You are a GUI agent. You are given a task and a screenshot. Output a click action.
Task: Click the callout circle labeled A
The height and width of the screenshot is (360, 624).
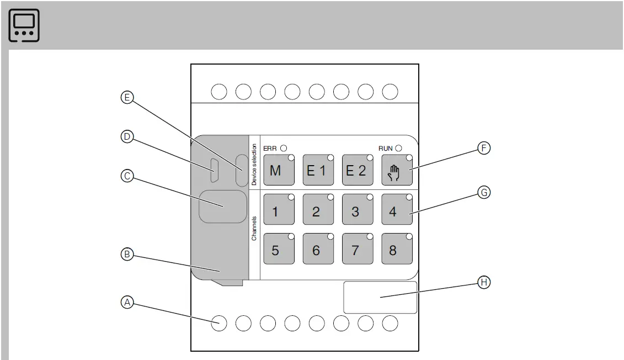tap(127, 303)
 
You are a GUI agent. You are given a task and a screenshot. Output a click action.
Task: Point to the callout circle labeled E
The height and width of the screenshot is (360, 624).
tap(127, 98)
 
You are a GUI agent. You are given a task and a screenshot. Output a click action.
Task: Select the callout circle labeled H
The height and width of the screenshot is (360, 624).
tap(484, 282)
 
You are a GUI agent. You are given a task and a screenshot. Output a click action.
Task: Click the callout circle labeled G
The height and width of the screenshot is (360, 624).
tap(484, 193)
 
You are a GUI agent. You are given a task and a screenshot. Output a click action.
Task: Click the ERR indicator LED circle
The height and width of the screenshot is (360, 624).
tap(284, 148)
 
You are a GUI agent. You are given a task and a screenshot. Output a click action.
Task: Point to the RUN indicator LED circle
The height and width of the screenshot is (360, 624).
tap(398, 148)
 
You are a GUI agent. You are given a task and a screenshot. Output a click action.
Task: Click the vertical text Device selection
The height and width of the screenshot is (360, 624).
tap(254, 164)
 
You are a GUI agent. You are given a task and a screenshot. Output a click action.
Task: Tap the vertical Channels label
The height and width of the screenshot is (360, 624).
tap(254, 228)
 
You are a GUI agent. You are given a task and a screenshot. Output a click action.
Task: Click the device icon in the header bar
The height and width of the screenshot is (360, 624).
tap(24, 25)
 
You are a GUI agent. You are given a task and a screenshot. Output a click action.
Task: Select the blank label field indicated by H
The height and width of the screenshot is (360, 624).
tap(380, 298)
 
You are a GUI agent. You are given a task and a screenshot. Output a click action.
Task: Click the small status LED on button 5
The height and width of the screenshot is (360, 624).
tap(291, 237)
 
